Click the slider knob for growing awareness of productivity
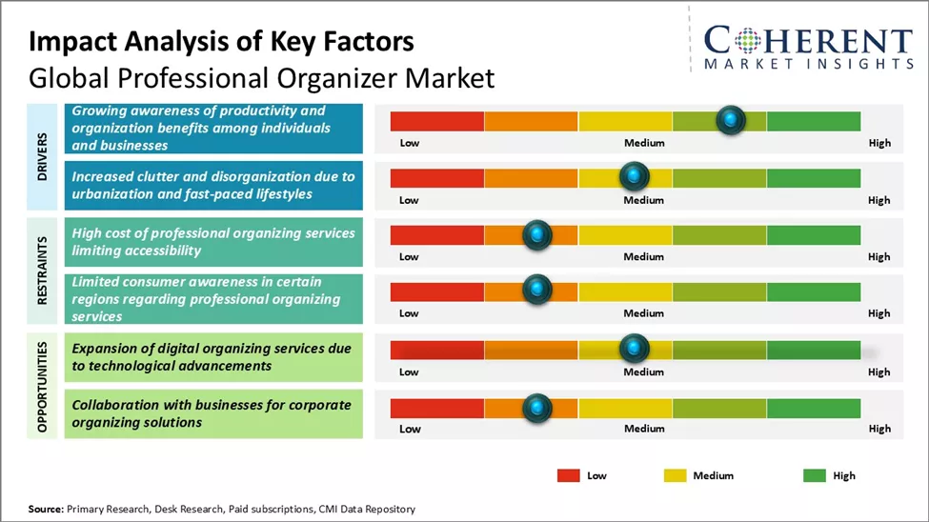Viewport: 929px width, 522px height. pyautogui.click(x=730, y=120)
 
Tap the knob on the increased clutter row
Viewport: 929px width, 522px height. pyautogui.click(x=634, y=177)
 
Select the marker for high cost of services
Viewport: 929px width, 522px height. pyautogui.click(x=537, y=234)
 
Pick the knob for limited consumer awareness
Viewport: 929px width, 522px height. pyautogui.click(x=537, y=290)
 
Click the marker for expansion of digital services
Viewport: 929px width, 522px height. pyautogui.click(x=634, y=349)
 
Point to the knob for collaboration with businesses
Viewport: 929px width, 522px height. pyautogui.click(x=537, y=408)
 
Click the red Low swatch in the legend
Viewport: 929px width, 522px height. pyautogui.click(x=569, y=475)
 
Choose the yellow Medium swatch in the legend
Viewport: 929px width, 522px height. pyautogui.click(x=675, y=475)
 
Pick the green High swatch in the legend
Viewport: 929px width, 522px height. pyautogui.click(x=814, y=475)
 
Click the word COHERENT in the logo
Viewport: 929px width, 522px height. pyautogui.click(x=808, y=41)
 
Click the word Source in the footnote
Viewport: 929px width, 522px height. pyautogui.click(x=46, y=510)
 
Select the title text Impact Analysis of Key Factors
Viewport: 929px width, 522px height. pyautogui.click(x=221, y=42)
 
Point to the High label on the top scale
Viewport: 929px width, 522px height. pyautogui.click(x=879, y=143)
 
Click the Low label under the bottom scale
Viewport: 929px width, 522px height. pyautogui.click(x=410, y=429)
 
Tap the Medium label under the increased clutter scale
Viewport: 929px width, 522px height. pyautogui.click(x=644, y=200)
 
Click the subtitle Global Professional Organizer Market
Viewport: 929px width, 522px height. pyautogui.click(x=262, y=77)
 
